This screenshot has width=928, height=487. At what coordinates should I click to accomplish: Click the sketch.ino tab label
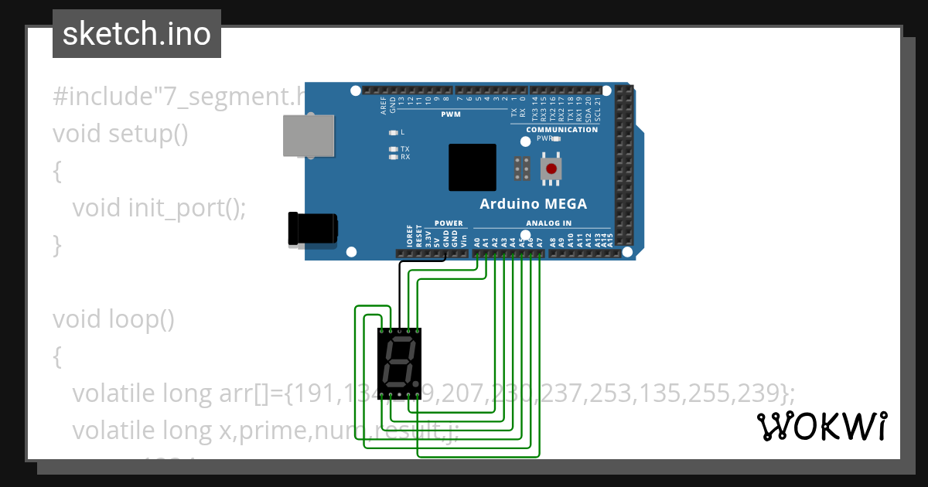click(137, 34)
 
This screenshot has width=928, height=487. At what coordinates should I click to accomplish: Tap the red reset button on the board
click(551, 169)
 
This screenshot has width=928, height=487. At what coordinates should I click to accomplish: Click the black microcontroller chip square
click(473, 167)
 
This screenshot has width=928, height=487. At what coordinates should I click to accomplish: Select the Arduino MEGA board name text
click(533, 204)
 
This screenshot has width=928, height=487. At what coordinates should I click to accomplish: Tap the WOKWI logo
click(822, 426)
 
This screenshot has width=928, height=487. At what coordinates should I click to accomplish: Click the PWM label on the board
click(450, 114)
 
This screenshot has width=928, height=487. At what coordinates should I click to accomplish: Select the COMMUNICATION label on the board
click(561, 130)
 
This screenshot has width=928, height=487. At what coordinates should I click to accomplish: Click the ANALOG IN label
click(549, 223)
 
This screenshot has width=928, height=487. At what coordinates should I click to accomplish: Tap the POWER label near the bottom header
click(449, 223)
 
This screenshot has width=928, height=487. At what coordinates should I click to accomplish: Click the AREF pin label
click(384, 107)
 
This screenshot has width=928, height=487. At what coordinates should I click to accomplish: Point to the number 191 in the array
click(312, 393)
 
